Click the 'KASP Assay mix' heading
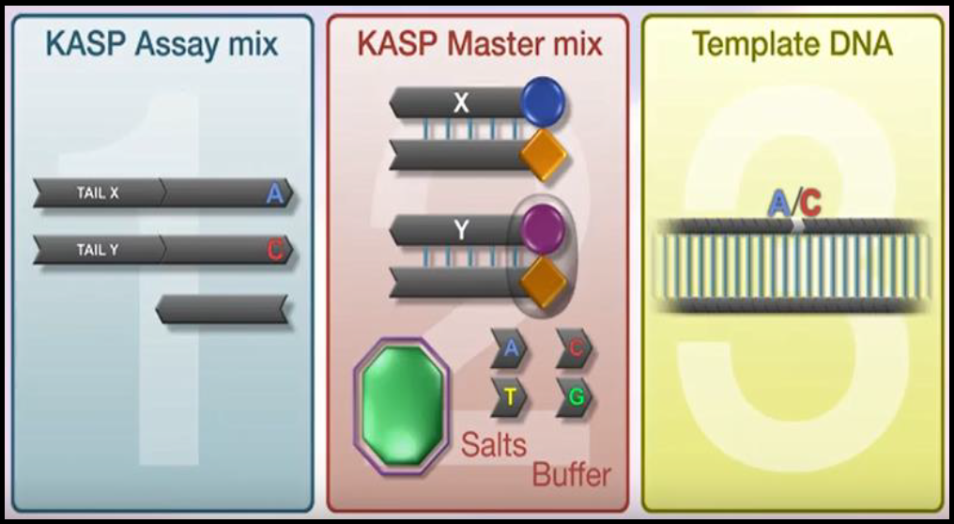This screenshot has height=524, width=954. coord(162,44)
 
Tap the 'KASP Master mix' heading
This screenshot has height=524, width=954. coord(479,44)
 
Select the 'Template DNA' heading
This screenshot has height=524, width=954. coord(792,43)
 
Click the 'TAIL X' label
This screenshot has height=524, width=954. coord(98,193)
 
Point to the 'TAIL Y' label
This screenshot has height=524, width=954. coord(98,250)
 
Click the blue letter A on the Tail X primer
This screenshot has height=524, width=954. coord(274,194)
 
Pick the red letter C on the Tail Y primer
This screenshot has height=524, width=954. coord(274,250)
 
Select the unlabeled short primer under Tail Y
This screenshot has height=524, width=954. coord(222,309)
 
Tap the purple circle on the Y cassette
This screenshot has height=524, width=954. coord(542,226)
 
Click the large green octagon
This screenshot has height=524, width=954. coord(401,403)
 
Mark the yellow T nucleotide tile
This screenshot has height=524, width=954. coord(510,397)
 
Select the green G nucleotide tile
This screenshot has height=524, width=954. coord(576,397)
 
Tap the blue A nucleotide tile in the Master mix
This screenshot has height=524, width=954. coord(510,348)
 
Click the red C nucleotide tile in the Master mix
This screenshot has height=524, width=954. coord(576,348)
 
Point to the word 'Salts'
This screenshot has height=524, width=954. coord(493,444)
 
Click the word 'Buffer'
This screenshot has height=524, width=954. coord(571,475)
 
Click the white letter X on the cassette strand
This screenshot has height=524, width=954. coord(460,102)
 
